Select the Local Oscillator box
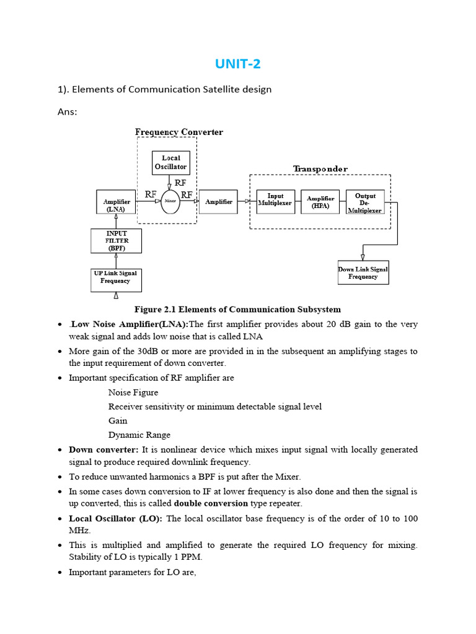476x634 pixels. [170, 162]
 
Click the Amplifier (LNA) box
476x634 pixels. [116, 202]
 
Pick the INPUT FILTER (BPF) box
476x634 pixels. [116, 241]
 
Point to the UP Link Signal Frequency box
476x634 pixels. [116, 280]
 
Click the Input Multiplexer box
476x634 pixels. [275, 202]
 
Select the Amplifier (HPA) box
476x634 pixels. [320, 202]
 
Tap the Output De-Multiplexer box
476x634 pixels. [365, 202]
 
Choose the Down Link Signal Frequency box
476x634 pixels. [363, 272]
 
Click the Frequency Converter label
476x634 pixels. [179, 132]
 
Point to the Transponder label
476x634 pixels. [320, 168]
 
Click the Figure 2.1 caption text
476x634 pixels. [237, 309]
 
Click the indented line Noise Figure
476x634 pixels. [133, 393]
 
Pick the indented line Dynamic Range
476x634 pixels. [139, 435]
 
